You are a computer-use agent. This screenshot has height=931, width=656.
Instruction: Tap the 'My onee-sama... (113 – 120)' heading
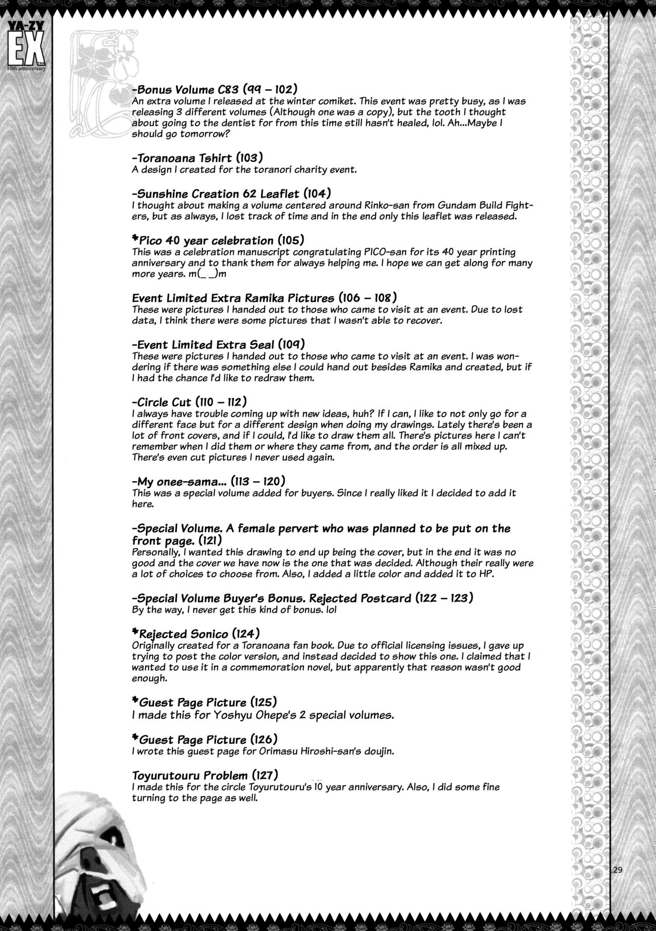(208, 481)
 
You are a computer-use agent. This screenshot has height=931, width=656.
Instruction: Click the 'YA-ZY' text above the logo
(25, 9)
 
